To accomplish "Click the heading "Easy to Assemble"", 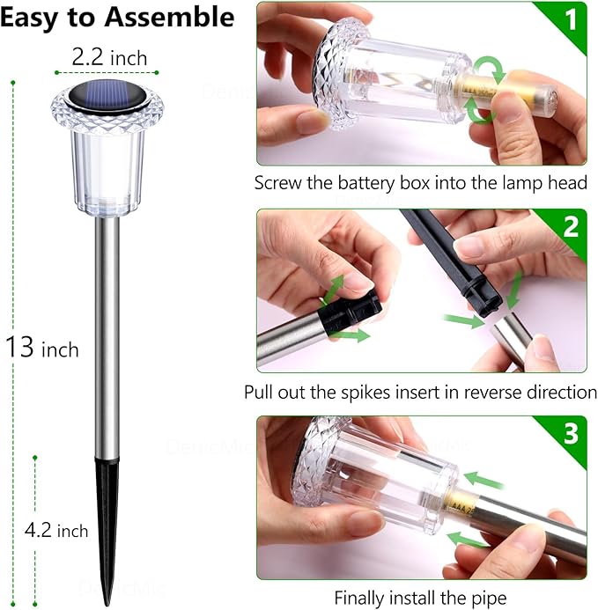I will tap(117, 18).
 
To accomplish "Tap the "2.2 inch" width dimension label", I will tap(109, 57).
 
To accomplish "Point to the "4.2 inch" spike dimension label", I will tap(56, 531).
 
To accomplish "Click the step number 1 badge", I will tap(570, 19).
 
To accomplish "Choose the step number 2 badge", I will tap(570, 227).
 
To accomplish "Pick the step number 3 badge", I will tap(570, 434).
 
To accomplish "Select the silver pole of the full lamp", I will tap(107, 334).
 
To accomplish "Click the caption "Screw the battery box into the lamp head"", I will tap(420, 183).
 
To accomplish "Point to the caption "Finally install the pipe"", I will tap(420, 597).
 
